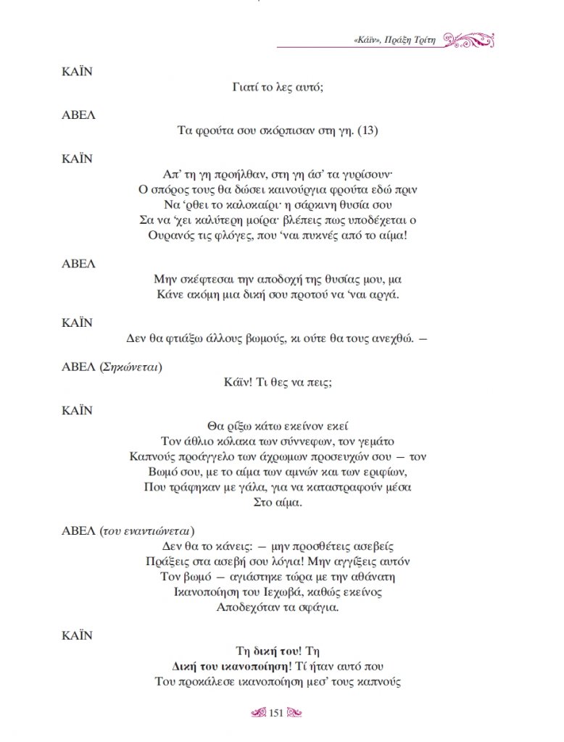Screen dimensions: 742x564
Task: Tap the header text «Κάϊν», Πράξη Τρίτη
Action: click(x=390, y=40)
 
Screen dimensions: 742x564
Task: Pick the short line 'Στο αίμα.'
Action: click(x=277, y=501)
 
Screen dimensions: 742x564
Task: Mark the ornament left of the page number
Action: click(x=257, y=714)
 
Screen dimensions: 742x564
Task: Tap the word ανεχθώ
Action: click(x=392, y=338)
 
